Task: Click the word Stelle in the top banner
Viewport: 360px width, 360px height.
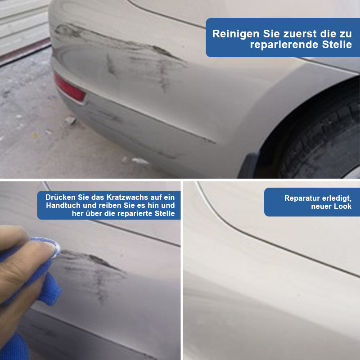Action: coord(337,44)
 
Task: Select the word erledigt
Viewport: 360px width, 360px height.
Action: coord(337,198)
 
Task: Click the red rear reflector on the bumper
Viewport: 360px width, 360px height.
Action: coord(70,88)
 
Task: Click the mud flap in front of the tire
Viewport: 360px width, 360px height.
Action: coord(249,165)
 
